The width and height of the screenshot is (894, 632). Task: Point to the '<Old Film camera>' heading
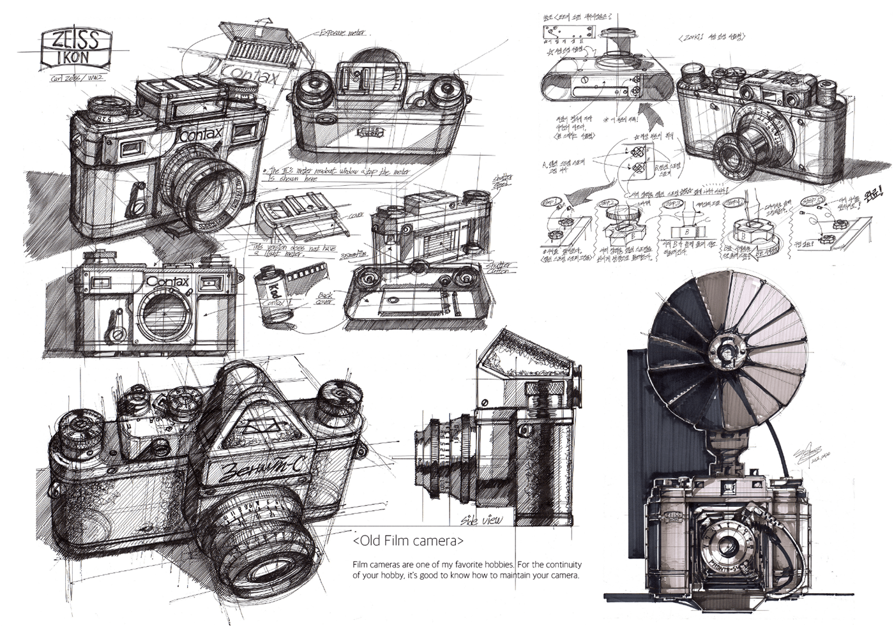pyautogui.click(x=408, y=541)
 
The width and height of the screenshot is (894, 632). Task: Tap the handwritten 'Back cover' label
pyautogui.click(x=324, y=298)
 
